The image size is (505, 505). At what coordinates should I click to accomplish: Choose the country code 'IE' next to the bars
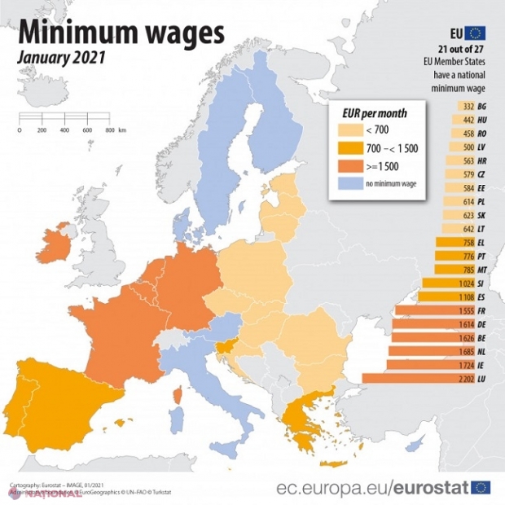482,364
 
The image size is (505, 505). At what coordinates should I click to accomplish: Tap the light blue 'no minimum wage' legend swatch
351,185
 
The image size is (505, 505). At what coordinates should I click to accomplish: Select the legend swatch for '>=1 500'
351,165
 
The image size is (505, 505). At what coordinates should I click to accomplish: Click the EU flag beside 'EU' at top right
475,33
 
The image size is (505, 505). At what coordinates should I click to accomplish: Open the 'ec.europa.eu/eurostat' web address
371,488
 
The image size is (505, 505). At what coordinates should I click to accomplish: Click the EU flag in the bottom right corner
481,487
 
